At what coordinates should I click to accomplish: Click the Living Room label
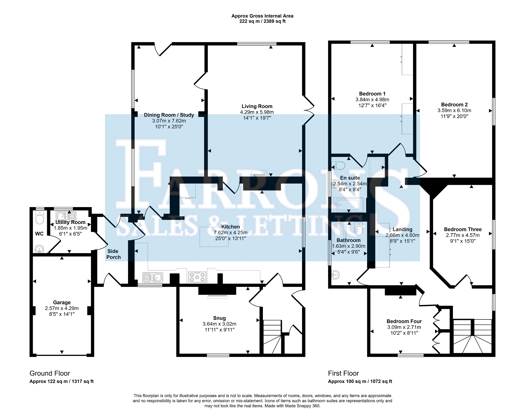(x=257, y=106)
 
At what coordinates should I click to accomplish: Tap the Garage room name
(x=62, y=302)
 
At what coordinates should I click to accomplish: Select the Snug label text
(x=219, y=318)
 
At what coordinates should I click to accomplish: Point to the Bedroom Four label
(x=404, y=321)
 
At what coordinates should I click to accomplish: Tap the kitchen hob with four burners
(x=197, y=277)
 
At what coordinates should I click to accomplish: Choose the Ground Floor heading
(x=50, y=373)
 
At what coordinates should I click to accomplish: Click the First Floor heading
(x=344, y=373)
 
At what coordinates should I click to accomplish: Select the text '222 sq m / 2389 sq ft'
(x=262, y=21)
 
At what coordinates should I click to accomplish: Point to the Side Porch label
(x=113, y=254)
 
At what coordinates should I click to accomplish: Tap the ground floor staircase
(x=272, y=337)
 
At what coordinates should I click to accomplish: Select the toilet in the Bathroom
(x=359, y=229)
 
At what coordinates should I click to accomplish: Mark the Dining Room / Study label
(x=169, y=115)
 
